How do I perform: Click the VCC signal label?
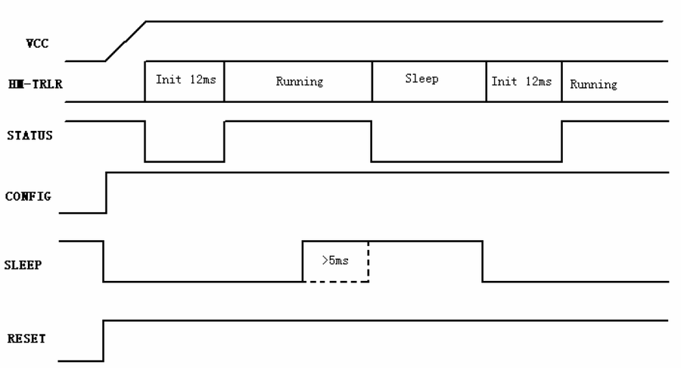[x=37, y=43]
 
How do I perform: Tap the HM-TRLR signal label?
[x=35, y=84]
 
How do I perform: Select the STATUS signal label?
[x=30, y=136]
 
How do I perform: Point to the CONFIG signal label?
[x=28, y=196]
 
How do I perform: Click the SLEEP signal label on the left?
[x=23, y=265]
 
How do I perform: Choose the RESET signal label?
[x=26, y=338]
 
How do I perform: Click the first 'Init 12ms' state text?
[x=186, y=80]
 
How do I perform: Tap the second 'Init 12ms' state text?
[x=521, y=81]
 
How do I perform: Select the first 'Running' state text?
[x=300, y=82]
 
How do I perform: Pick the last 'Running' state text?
[x=594, y=84]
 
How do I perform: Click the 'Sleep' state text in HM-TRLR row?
[x=421, y=79]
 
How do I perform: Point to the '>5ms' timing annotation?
[x=335, y=260]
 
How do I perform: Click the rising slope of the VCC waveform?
[x=126, y=42]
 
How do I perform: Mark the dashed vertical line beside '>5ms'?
[x=368, y=261]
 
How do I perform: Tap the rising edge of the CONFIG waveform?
[x=107, y=193]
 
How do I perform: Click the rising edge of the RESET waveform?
[x=104, y=341]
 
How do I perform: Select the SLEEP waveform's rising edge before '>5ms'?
[x=303, y=261]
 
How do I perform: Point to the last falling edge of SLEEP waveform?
[x=483, y=261]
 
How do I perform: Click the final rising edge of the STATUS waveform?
[x=562, y=141]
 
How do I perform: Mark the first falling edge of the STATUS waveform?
[x=145, y=141]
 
